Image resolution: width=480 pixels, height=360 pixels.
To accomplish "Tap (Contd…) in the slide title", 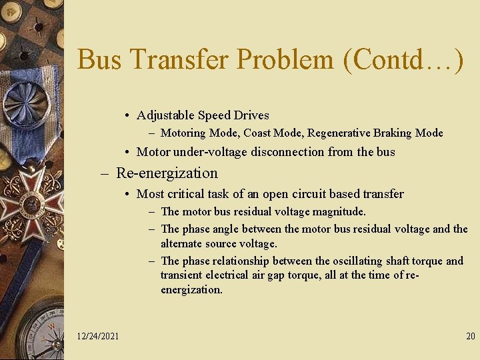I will [403, 60].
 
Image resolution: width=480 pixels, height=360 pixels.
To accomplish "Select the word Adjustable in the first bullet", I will [164, 115].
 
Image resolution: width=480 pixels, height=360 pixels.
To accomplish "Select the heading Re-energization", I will [167, 173].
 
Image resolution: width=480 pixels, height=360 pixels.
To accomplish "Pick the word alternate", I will [182, 244].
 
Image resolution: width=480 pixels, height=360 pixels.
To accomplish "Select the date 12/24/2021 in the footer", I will [97, 336].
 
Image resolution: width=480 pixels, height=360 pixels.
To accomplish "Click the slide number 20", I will [470, 336].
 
